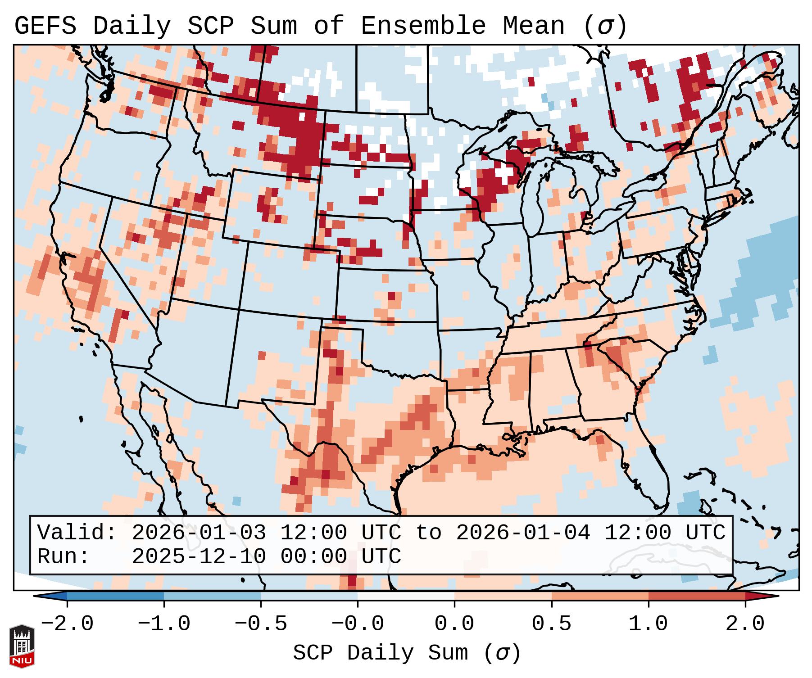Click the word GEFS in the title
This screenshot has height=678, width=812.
[45, 26]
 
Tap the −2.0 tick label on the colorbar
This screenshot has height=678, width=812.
[67, 624]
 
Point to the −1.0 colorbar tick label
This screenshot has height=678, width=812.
[164, 624]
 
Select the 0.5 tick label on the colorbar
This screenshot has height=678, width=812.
[551, 624]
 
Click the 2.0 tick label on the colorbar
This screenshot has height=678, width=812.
[745, 624]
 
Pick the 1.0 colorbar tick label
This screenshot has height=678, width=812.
[648, 624]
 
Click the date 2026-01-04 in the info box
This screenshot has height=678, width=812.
[523, 533]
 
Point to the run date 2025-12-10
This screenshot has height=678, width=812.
[199, 557]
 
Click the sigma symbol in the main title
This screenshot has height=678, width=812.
[605, 27]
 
